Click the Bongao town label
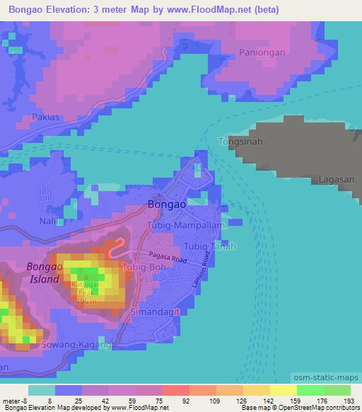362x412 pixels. coord(168,204)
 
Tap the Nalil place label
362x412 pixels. coord(49,222)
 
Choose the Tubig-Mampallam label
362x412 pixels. coord(185,225)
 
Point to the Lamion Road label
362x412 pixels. coord(201,272)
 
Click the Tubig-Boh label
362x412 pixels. coord(145,267)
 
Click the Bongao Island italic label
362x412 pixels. coord(45,273)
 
